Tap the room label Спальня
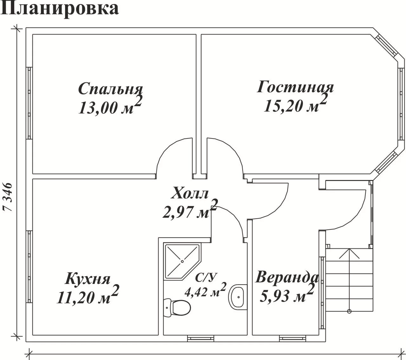tap(110, 89)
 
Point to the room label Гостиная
tap(295, 87)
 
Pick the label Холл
tap(190, 193)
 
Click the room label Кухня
tap(88, 279)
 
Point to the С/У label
tap(206, 277)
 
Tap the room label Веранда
tap(287, 277)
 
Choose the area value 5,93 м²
tap(287, 294)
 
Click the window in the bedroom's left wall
tap(29, 103)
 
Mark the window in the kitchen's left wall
tap(29, 267)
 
